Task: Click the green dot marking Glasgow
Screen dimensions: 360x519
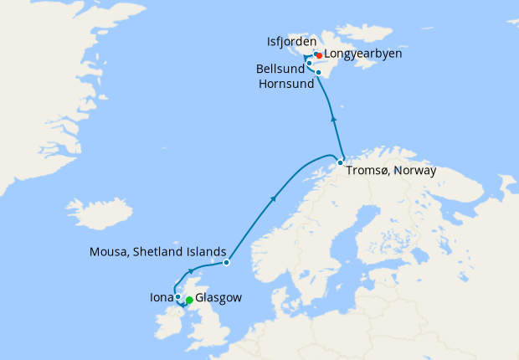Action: coord(189,301)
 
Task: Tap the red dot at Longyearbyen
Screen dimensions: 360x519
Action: coord(319,56)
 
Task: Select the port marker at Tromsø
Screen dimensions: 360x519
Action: coord(340,162)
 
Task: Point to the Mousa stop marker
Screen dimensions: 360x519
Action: coord(227,262)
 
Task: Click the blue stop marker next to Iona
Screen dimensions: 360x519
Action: coord(178,296)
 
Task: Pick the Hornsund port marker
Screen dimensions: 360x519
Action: coord(318,73)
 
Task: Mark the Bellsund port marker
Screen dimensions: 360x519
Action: coord(309,64)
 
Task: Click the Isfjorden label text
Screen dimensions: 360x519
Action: coord(291,41)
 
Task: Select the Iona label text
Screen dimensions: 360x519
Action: coord(162,296)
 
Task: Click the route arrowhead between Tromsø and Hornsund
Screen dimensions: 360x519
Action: coord(334,118)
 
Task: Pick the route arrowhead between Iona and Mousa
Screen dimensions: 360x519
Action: coord(192,270)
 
